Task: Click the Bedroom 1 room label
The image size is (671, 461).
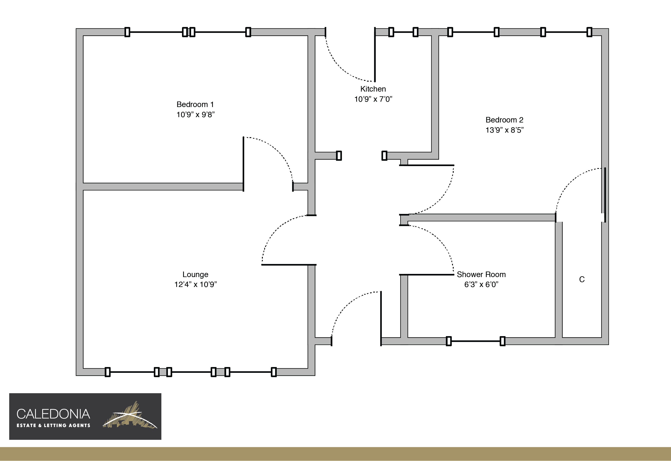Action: point(195,104)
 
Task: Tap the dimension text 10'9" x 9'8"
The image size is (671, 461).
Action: point(196,115)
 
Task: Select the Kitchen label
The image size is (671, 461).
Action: point(373,89)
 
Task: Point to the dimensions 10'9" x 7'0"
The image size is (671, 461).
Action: point(373,99)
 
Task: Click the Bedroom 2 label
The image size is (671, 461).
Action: point(504,120)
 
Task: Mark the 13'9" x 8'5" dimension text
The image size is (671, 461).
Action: point(504,130)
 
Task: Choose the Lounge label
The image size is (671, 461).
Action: point(195,274)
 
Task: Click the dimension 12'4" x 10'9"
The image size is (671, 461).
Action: point(196,285)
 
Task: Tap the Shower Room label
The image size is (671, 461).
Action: point(481,274)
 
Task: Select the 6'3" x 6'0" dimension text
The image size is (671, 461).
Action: point(481,285)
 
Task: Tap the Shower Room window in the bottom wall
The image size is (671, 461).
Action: point(475,341)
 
